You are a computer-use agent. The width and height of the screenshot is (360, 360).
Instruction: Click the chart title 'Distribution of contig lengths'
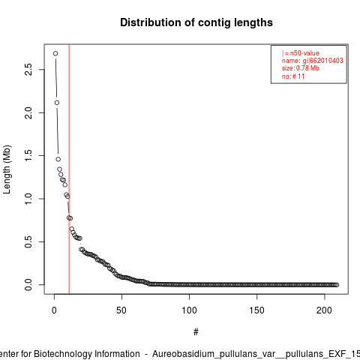tap(196, 22)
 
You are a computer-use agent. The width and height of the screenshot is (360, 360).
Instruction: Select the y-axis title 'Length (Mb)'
tap(7, 169)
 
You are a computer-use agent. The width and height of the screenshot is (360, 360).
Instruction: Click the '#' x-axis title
tap(196, 331)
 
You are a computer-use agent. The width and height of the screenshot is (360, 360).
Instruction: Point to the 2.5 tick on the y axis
tap(28, 70)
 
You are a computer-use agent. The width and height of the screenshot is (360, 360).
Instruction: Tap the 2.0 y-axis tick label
tap(28, 112)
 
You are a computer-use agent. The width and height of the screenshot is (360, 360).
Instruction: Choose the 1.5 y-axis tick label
tap(28, 155)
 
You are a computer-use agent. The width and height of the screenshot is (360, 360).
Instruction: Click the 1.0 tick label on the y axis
tap(28, 199)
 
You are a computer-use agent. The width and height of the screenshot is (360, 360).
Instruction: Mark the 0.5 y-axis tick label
tap(28, 241)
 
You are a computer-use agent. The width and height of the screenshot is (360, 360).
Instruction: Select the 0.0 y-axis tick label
tap(28, 285)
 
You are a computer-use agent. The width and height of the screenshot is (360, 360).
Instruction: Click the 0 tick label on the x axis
tap(54, 310)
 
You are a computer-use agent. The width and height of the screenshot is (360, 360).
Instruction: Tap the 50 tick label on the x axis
tap(121, 310)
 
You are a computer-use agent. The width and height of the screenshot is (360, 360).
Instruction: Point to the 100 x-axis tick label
tap(189, 310)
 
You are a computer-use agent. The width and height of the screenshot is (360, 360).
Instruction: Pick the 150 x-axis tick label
tap(256, 310)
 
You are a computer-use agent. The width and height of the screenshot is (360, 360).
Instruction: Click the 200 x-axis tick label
tap(324, 310)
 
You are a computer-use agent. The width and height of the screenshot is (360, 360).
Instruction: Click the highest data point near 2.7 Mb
tap(55, 53)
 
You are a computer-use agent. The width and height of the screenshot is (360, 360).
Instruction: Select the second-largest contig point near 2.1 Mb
tap(57, 103)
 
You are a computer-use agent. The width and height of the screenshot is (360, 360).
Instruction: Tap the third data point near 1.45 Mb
tap(58, 159)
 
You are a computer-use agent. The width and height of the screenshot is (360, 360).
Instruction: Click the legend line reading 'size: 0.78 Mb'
tap(301, 68)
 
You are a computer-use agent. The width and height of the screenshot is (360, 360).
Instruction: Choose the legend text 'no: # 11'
tap(293, 76)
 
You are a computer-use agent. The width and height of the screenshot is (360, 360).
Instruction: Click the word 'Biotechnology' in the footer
tap(86, 354)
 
